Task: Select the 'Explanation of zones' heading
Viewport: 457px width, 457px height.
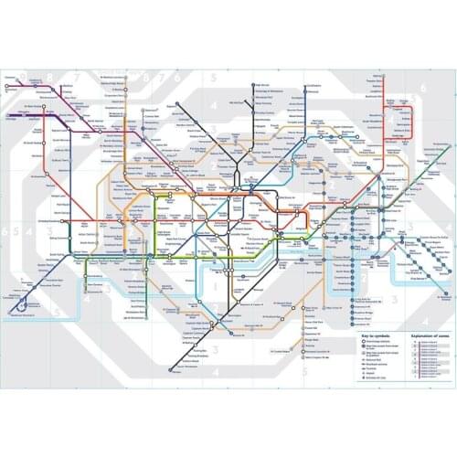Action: pyautogui.click(x=418, y=335)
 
